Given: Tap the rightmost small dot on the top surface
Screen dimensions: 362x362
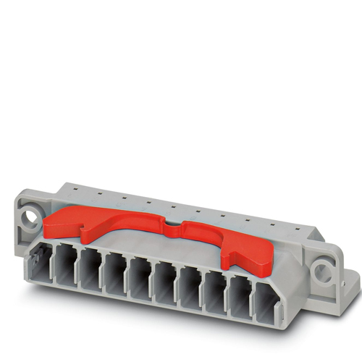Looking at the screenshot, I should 274,223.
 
